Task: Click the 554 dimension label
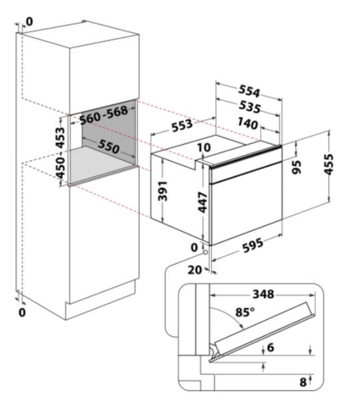pyautogui.click(x=249, y=91)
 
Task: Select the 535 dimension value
pyautogui.click(x=250, y=107)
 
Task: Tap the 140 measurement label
pyautogui.click(x=247, y=124)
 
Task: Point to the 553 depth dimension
pyautogui.click(x=182, y=126)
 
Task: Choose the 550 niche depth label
pyautogui.click(x=109, y=146)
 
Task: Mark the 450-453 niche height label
pyautogui.click(x=61, y=152)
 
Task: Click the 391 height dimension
pyautogui.click(x=162, y=190)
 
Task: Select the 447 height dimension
pyautogui.click(x=203, y=202)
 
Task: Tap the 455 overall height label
pyautogui.click(x=329, y=164)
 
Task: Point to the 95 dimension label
pyautogui.click(x=297, y=167)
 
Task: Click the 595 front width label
pyautogui.click(x=252, y=245)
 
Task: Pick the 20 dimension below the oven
pyautogui.click(x=194, y=270)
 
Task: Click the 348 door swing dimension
pyautogui.click(x=263, y=294)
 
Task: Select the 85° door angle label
pyautogui.click(x=245, y=311)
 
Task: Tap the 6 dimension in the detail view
pyautogui.click(x=271, y=348)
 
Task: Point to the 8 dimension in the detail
pyautogui.click(x=303, y=382)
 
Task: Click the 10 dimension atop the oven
pyautogui.click(x=204, y=147)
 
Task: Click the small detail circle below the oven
pyautogui.click(x=206, y=253)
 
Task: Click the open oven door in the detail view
pyautogui.click(x=263, y=331)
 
